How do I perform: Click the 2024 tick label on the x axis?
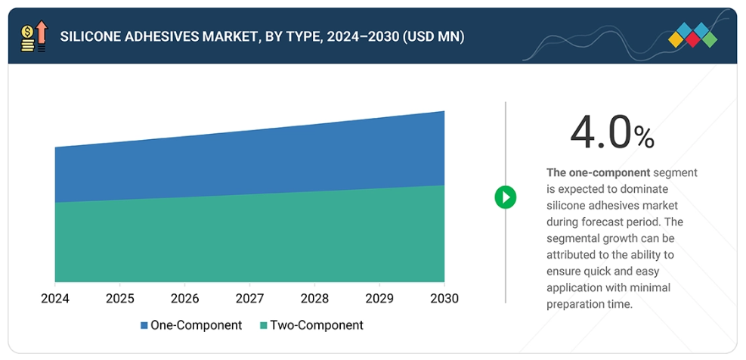(55, 299)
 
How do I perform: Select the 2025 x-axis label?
(120, 299)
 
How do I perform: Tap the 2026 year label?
(185, 299)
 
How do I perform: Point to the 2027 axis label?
(250, 299)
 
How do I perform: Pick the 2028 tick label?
(314, 299)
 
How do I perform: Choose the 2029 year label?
(379, 299)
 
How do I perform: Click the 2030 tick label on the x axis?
(444, 299)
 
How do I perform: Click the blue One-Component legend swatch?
(144, 326)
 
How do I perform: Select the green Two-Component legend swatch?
(263, 326)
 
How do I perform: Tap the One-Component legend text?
(197, 325)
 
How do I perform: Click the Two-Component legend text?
(317, 325)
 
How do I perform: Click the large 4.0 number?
(600, 133)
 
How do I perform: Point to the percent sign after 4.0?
(644, 137)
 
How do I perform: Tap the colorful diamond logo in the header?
(693, 36)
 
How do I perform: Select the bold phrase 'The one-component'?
(598, 172)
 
